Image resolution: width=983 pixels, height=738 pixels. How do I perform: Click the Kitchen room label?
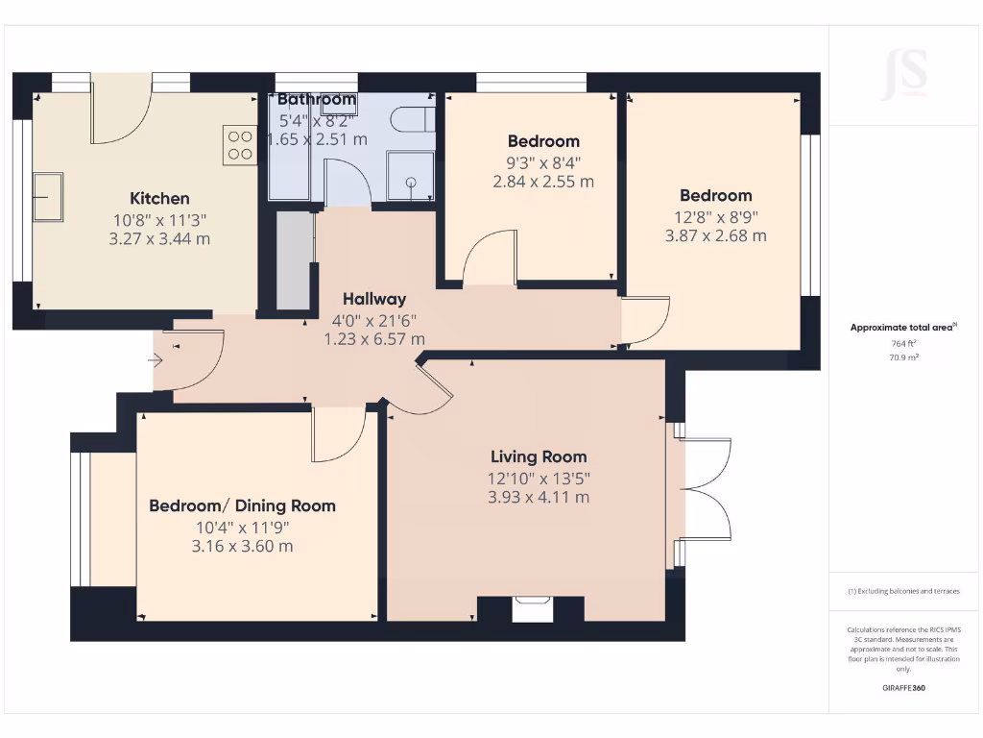click(x=159, y=199)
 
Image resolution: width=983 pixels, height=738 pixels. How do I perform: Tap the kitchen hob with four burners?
click(x=240, y=144)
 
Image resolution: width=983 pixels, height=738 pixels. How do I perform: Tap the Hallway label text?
click(x=374, y=299)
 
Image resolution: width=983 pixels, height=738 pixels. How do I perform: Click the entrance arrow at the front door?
click(x=156, y=360)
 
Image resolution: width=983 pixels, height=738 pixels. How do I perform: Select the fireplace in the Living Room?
click(x=531, y=608)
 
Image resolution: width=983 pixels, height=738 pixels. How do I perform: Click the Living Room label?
click(x=538, y=456)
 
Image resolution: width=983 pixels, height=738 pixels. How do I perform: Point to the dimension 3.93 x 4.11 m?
click(x=538, y=497)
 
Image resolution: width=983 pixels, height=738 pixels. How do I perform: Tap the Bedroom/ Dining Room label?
click(x=242, y=505)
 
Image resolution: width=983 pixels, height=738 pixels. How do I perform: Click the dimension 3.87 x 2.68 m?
click(x=715, y=235)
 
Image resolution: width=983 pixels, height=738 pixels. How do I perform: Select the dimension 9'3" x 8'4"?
click(x=543, y=161)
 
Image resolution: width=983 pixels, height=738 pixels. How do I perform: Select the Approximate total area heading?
click(x=902, y=328)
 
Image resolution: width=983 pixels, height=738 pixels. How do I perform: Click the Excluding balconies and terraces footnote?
click(x=904, y=591)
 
